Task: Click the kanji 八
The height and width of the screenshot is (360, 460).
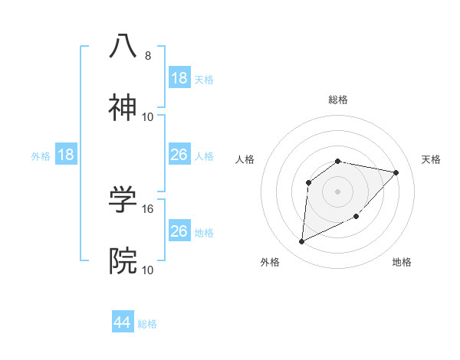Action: [x=123, y=46]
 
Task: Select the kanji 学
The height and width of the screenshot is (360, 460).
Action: [x=123, y=199]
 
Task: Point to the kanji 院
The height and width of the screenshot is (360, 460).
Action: [x=123, y=261]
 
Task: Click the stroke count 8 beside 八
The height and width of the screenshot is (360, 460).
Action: [x=148, y=56]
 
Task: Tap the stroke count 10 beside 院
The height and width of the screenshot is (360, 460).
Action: [x=148, y=270]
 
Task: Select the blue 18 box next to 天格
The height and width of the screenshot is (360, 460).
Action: [x=179, y=78]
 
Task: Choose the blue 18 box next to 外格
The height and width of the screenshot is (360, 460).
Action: [x=67, y=155]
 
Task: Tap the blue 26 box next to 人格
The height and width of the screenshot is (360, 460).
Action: [x=179, y=155]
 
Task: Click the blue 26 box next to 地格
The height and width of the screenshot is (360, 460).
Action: [x=179, y=231]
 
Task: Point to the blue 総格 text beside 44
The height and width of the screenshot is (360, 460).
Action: [x=147, y=324]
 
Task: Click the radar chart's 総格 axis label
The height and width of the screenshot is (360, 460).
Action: [x=338, y=100]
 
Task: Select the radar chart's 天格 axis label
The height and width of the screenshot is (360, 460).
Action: [x=432, y=159]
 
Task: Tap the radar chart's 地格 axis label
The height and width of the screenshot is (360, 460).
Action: [x=402, y=262]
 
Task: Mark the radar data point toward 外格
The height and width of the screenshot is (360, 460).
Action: [x=301, y=242]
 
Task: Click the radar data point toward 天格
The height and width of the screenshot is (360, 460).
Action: [x=396, y=172]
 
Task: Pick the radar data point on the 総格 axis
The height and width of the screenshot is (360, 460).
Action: [x=338, y=161]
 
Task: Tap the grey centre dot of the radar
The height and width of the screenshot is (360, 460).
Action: [x=338, y=191]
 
